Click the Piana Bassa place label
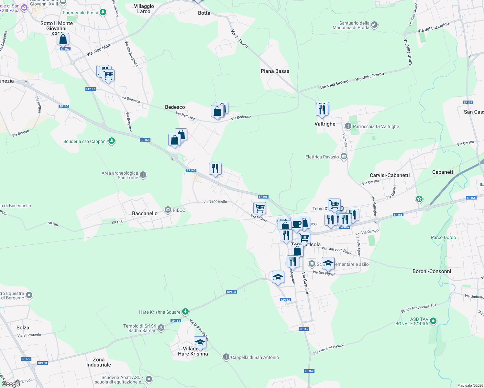(x=275, y=71)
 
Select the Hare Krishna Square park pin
(x=185, y=312)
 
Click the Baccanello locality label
(x=145, y=213)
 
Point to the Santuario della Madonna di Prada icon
(x=374, y=25)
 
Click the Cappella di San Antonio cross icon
(x=226, y=357)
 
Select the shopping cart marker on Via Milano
(x=259, y=208)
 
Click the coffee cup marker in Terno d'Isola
(x=296, y=224)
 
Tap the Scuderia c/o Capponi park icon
(x=112, y=141)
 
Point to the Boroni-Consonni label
(x=432, y=271)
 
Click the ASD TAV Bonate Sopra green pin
(x=433, y=321)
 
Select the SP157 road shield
(x=468, y=102)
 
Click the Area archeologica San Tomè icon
(x=143, y=175)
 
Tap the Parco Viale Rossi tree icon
(x=103, y=13)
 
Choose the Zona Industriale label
(x=99, y=362)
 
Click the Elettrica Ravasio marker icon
(x=344, y=157)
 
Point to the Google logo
(x=11, y=384)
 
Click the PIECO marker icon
(x=168, y=210)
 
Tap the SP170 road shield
(x=26, y=359)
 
